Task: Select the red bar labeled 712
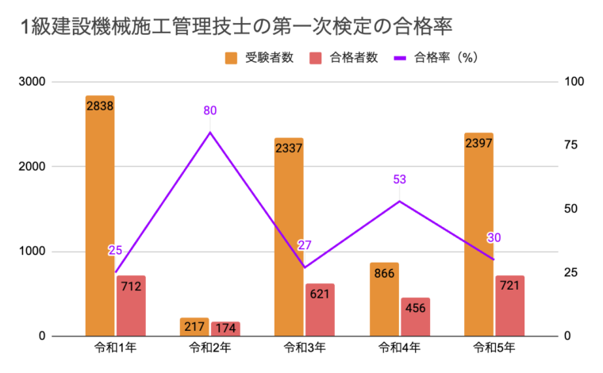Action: [x=131, y=306]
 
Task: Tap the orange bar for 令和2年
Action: [x=194, y=327]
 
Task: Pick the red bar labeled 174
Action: [x=225, y=329]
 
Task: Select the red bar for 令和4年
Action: [x=414, y=317]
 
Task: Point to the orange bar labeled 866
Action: [x=383, y=299]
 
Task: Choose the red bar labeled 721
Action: [x=509, y=306]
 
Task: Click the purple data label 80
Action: [x=209, y=110]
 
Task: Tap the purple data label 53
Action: [x=399, y=179]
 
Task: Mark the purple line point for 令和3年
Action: [x=304, y=267]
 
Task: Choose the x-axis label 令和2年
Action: [x=209, y=349]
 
